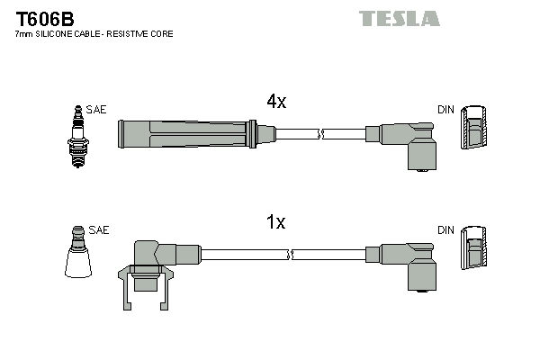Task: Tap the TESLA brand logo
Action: tap(399, 18)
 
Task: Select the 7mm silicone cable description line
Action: tap(94, 33)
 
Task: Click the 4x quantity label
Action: tap(275, 102)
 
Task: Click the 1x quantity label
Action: tap(276, 222)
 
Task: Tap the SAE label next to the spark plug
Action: tap(97, 109)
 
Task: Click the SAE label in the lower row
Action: tap(99, 230)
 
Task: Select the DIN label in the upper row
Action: tap(445, 110)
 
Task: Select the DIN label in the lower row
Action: tap(445, 230)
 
